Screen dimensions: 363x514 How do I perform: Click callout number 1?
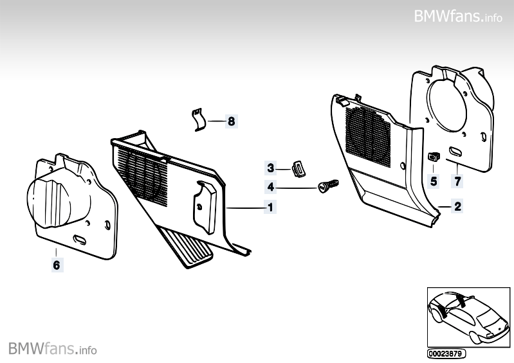coord(271,208)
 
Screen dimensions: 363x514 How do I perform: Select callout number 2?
coord(457,207)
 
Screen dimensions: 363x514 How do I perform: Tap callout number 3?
coord(271,168)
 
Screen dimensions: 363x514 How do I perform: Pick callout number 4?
coord(271,188)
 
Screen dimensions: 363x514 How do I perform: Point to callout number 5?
coord(434,181)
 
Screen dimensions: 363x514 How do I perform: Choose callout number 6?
coord(56,264)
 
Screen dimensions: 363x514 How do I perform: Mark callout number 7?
coord(457,181)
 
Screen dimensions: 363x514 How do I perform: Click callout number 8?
coord(231,121)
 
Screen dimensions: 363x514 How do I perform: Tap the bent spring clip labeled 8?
coord(199,120)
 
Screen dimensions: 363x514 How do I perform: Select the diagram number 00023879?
coord(445,353)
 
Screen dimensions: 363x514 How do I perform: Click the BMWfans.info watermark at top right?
coord(458,16)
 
